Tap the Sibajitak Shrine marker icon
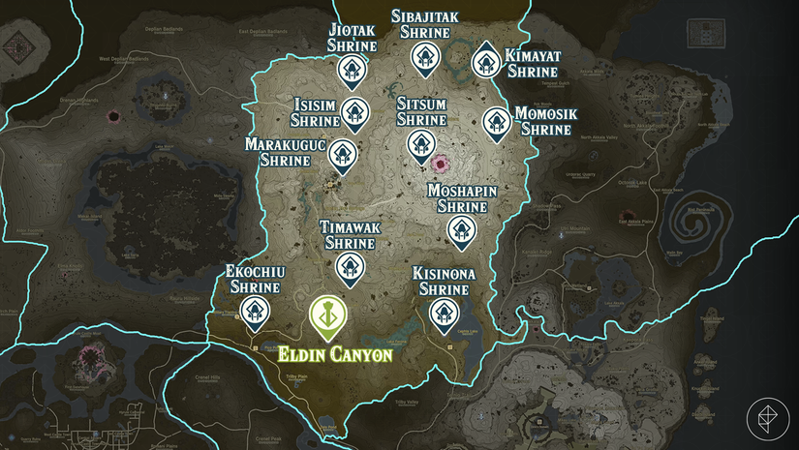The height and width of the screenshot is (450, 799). [423, 57]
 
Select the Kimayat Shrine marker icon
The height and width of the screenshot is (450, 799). [486, 62]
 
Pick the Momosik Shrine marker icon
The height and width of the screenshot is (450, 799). [496, 122]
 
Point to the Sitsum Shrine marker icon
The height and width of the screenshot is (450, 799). [421, 144]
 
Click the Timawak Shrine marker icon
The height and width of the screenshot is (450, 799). [349, 266]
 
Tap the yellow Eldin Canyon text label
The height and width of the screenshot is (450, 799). [336, 354]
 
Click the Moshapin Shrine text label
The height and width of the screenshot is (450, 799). [462, 198]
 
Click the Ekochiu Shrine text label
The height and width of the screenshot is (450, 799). [253, 280]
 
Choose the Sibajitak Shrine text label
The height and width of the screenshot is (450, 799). [424, 24]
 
